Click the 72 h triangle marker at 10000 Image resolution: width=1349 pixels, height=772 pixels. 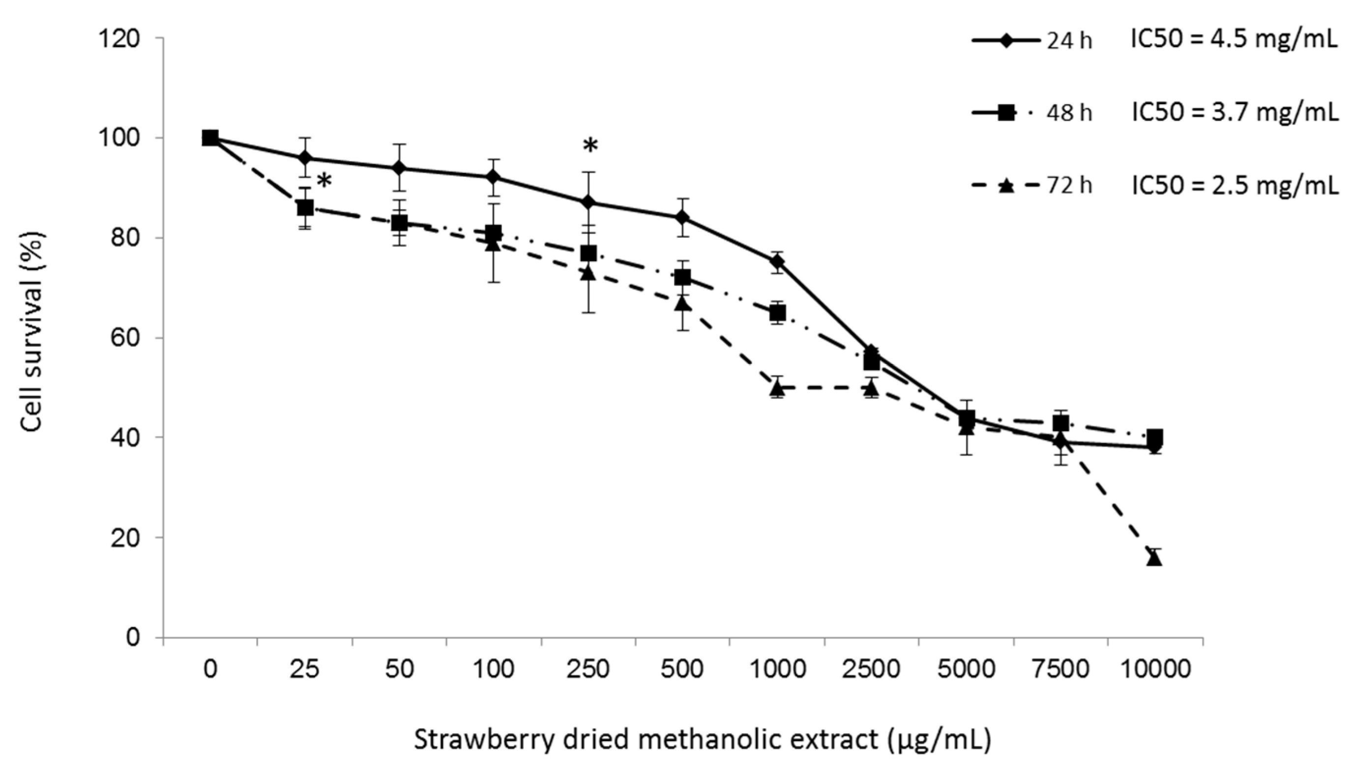[1155, 559]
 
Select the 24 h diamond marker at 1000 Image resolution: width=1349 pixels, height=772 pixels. [777, 261]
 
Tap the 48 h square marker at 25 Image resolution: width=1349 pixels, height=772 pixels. [305, 207]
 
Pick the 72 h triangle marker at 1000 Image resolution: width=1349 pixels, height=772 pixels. [777, 389]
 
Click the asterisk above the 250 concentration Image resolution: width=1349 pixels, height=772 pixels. [589, 145]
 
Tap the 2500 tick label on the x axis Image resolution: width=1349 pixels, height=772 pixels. [871, 670]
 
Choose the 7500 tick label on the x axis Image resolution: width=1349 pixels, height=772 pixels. [1060, 670]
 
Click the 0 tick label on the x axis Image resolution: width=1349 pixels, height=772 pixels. [210, 670]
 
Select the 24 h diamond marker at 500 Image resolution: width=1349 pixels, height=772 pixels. [682, 217]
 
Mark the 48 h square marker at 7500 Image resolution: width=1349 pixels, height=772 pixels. [1060, 423]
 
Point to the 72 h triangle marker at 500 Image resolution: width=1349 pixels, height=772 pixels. [682, 303]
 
